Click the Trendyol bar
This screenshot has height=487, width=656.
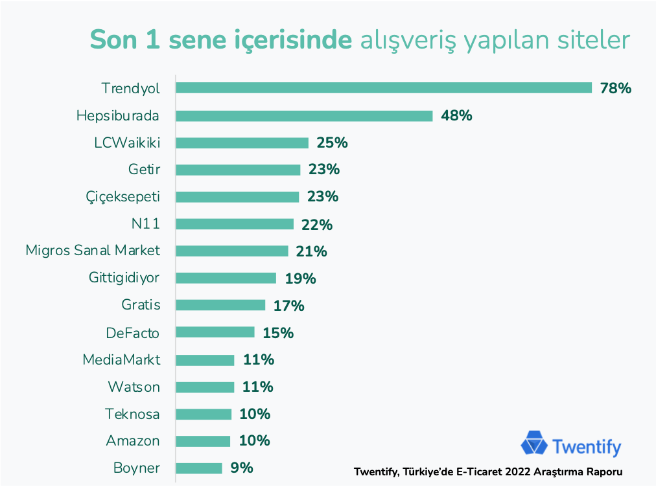384,88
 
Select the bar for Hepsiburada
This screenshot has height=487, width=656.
304,116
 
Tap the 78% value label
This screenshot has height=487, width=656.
615,89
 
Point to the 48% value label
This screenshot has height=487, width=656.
456,116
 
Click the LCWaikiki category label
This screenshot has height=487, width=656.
126,142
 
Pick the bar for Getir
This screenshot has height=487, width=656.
238,170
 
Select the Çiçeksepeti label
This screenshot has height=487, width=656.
123,197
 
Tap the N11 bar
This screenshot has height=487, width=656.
235,224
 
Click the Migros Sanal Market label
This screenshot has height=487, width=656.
93,251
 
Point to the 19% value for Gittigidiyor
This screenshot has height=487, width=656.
300,278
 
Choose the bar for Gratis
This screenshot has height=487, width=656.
220,305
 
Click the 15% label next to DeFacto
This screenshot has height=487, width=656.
278,333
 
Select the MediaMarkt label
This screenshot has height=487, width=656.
121,359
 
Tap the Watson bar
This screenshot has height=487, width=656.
205,387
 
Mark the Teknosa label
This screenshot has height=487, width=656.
132,414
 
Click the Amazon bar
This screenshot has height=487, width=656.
203,441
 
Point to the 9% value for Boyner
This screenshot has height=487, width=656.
242,468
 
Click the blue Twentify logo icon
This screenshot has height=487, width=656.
534,445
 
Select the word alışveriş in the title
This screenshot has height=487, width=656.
404,40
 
